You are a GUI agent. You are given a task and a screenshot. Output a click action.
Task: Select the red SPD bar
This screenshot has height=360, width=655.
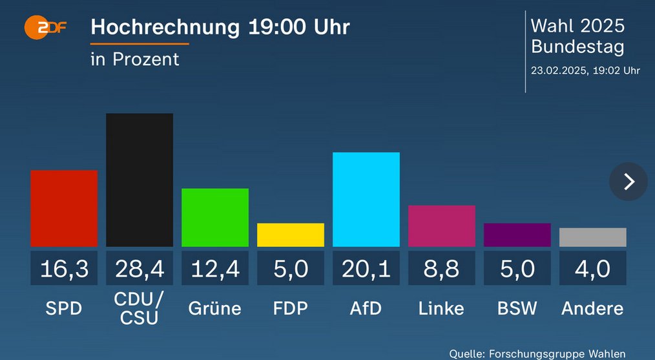tap(64, 208)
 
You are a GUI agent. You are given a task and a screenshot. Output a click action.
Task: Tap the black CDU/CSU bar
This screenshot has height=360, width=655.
tap(140, 180)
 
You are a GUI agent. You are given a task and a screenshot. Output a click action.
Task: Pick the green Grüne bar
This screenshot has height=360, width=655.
tap(215, 217)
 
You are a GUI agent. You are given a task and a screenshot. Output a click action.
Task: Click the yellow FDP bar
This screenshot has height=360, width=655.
tap(291, 235)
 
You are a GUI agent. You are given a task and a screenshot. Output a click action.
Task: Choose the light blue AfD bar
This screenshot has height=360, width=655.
tap(366, 199)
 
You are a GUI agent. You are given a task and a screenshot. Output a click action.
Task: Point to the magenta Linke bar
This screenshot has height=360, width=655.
tap(442, 226)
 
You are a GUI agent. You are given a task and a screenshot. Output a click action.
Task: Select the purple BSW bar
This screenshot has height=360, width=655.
tap(517, 235)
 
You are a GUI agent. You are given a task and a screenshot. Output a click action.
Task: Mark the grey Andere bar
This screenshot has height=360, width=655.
tap(593, 237)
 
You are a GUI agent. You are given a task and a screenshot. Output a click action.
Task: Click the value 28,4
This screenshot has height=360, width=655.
tap(140, 268)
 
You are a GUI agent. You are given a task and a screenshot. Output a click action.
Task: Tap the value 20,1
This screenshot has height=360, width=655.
tap(366, 268)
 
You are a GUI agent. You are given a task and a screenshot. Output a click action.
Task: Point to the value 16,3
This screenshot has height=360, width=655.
tap(64, 268)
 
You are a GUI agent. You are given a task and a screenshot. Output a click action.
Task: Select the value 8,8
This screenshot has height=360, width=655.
tap(442, 268)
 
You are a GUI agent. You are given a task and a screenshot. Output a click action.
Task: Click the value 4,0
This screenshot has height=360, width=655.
tap(593, 268)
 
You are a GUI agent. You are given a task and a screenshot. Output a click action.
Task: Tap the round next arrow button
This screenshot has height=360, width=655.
tap(629, 182)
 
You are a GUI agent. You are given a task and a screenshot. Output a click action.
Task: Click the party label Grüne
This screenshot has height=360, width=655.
tap(215, 308)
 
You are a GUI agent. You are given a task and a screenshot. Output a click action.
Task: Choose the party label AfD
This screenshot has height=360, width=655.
tap(366, 308)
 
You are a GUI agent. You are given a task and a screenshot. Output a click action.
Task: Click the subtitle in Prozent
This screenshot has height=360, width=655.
tap(135, 59)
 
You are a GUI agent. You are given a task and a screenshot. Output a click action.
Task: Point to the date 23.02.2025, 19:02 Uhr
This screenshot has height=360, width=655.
tap(585, 70)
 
